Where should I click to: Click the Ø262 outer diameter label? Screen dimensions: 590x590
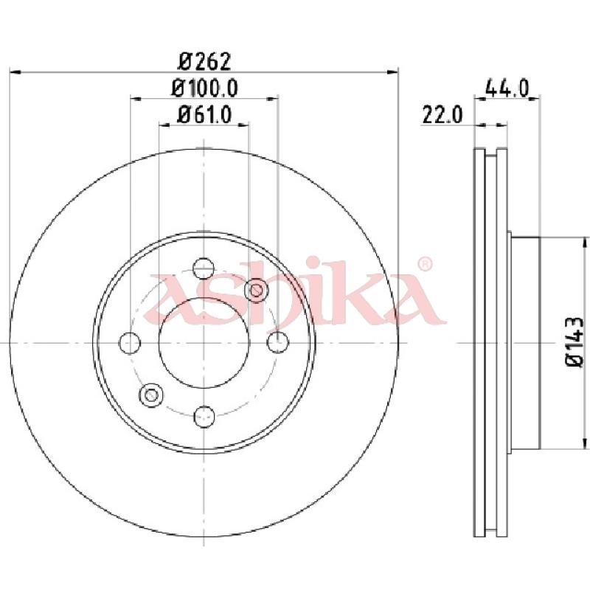pyautogui.click(x=204, y=61)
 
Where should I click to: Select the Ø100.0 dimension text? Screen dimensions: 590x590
pyautogui.click(x=204, y=88)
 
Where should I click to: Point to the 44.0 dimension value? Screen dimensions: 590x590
pyautogui.click(x=507, y=88)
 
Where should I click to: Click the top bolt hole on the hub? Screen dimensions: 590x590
pyautogui.click(x=204, y=268)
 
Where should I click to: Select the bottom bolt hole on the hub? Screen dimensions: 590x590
pyautogui.click(x=204, y=417)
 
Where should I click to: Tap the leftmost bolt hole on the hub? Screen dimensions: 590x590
pyautogui.click(x=130, y=343)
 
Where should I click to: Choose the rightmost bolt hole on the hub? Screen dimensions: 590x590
pyautogui.click(x=278, y=343)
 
